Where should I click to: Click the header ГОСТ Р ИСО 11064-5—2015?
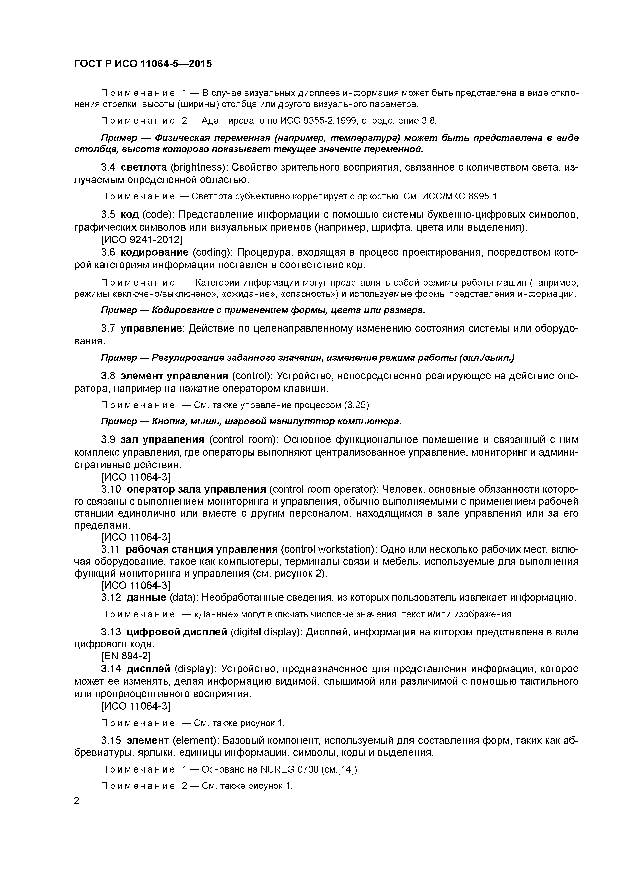pyautogui.click(x=142, y=63)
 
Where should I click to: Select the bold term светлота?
pyautogui.click(x=143, y=167)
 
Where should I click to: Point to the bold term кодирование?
pyautogui.click(x=154, y=252)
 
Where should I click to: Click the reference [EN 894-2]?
pyautogui.click(x=126, y=656)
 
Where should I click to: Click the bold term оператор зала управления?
pyautogui.click(x=196, y=489)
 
